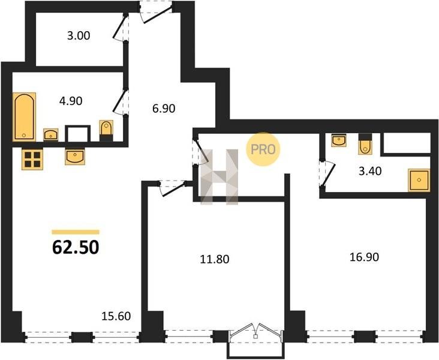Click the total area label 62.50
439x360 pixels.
coord(76,247)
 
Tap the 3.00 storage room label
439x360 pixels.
coord(79,36)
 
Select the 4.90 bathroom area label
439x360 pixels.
coord(71,101)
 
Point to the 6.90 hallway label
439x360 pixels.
coord(164,109)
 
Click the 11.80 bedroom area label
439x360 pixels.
coord(215,259)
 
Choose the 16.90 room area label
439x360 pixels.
coord(364,257)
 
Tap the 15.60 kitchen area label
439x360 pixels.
coord(116,316)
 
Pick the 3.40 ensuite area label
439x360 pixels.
coord(370,171)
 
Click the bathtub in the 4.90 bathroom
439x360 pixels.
coord(24,117)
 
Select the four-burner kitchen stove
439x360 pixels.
coord(32,160)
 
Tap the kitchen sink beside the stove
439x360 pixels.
coord(75,157)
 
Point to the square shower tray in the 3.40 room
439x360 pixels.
coord(419,180)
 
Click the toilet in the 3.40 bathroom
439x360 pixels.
coord(365,144)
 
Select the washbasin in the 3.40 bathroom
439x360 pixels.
coord(339,140)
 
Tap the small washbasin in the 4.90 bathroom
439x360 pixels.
coord(50,135)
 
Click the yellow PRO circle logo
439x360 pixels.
coord(263,149)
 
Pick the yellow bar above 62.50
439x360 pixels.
coord(76,232)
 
